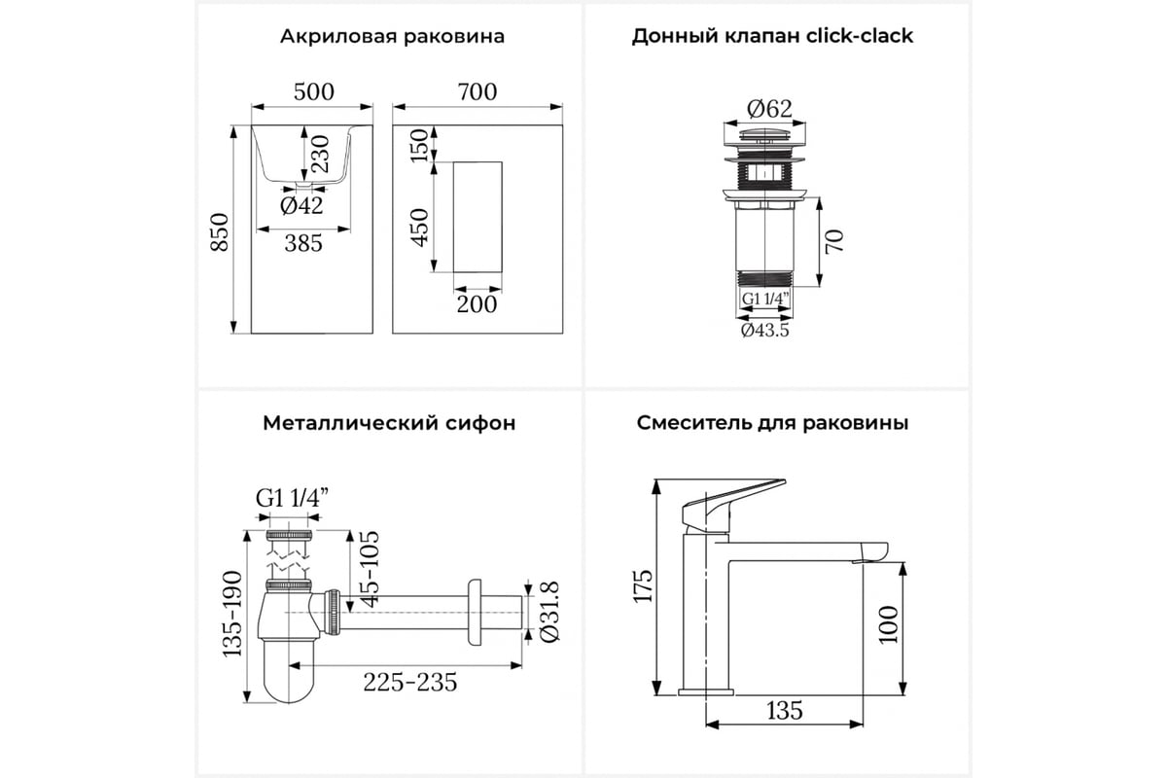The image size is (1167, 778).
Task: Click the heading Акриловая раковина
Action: pos(392,37)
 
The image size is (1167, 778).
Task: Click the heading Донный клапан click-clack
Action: pos(772,36)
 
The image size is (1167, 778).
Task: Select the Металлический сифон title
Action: pos(389,423)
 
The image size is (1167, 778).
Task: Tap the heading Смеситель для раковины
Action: pos(772,423)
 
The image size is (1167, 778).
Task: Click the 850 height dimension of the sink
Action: pos(220,231)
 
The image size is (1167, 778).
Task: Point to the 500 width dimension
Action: pos(313,91)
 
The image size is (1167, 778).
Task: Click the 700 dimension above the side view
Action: pos(477,91)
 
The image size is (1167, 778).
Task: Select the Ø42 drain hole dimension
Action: pos(301,205)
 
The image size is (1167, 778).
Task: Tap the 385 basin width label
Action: pos(303,243)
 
